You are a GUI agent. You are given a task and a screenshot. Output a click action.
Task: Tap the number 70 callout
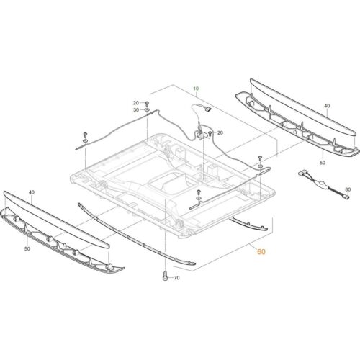coord(177,277)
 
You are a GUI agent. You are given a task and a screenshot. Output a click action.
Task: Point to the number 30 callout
coord(135,110)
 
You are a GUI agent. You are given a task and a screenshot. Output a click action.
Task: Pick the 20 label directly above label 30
coord(135,103)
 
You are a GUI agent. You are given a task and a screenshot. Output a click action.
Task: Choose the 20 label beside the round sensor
coord(220,132)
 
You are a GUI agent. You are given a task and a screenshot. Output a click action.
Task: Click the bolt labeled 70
coord(164,276)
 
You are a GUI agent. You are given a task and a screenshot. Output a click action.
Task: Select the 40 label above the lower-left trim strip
coord(31,193)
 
